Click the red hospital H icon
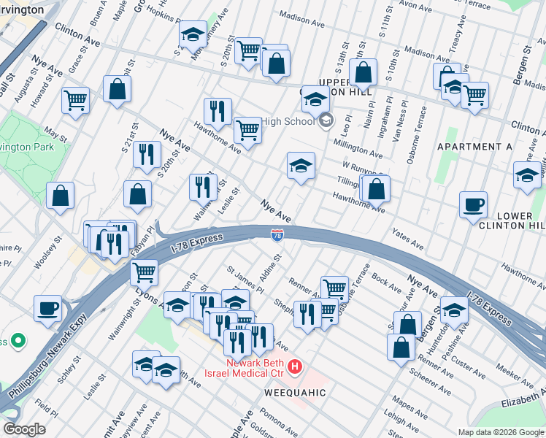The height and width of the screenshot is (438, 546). click(x=295, y=366)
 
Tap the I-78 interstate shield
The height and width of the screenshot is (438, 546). click(x=277, y=235)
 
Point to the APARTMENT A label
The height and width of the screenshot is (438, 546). click(x=474, y=147)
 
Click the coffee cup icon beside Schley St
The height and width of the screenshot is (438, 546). click(x=48, y=307)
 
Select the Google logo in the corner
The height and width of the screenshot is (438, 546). click(x=23, y=429)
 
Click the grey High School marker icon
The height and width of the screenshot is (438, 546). click(x=326, y=120)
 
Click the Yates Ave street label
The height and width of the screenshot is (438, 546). click(x=407, y=237)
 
